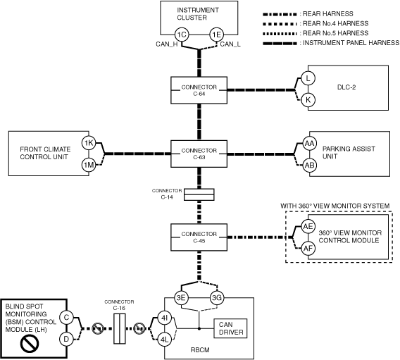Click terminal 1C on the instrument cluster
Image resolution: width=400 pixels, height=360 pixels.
click(182, 35)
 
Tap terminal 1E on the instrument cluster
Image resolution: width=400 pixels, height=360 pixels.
click(217, 35)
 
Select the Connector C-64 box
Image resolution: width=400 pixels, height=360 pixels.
click(199, 90)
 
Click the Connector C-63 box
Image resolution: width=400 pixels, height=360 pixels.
click(199, 154)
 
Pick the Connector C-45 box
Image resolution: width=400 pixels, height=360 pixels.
click(199, 237)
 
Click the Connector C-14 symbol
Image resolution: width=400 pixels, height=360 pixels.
click(199, 194)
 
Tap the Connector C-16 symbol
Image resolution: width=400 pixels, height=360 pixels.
click(120, 328)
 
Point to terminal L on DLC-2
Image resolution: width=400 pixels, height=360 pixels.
click(308, 78)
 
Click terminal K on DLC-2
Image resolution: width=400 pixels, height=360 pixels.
click(308, 100)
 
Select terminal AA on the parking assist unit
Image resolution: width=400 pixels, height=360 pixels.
click(309, 144)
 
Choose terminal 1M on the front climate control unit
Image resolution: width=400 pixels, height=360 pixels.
click(89, 165)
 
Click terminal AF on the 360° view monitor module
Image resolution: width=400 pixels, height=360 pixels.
click(308, 248)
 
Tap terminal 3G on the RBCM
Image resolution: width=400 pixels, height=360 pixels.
click(217, 298)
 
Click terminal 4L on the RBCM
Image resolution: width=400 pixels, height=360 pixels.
click(164, 340)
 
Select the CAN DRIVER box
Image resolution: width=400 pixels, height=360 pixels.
click(230, 328)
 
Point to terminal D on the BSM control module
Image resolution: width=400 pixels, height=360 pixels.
click(66, 340)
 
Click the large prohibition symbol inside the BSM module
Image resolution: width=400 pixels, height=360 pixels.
click(30, 343)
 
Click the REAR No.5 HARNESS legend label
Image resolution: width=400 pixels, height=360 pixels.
click(335, 33)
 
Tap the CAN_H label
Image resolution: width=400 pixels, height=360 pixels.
click(167, 44)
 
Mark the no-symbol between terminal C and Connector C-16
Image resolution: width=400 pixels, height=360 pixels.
click(98, 328)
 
